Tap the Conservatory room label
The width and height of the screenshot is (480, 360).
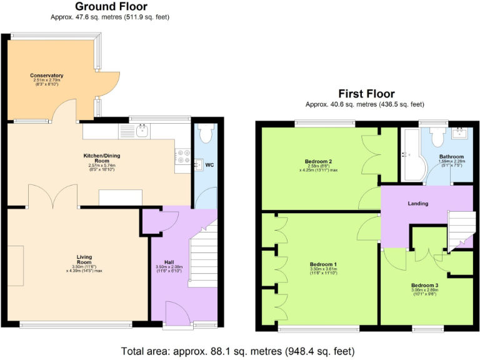click(x=47, y=76)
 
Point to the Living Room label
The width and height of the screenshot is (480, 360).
click(x=84, y=257)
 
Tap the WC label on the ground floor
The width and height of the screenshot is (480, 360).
click(x=210, y=166)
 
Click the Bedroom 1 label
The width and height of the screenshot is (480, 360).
click(x=323, y=264)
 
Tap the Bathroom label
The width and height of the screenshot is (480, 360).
click(x=451, y=156)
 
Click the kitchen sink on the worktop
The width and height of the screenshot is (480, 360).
click(x=141, y=131)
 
